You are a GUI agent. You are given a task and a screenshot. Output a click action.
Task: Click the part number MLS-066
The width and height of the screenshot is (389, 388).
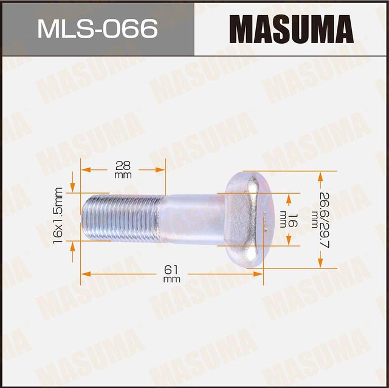(x=97, y=29)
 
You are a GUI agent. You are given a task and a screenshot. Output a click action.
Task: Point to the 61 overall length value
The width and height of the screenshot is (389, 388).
(x=171, y=270)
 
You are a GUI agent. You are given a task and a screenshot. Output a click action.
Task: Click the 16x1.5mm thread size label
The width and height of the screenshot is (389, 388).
(x=57, y=216)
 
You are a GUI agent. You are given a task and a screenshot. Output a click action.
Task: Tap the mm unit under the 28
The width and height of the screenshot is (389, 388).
(x=123, y=175)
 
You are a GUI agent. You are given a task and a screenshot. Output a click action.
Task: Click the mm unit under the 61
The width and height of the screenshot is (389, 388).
(x=171, y=279)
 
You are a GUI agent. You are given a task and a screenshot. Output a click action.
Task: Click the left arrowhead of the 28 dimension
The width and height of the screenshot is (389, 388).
(x=85, y=169)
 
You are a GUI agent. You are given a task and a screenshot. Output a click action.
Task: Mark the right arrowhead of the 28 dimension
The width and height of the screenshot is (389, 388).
(x=161, y=169)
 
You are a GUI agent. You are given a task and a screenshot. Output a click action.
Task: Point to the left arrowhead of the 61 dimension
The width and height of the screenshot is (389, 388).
(x=85, y=274)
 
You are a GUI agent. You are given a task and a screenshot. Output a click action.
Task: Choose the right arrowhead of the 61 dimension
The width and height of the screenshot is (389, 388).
(x=259, y=274)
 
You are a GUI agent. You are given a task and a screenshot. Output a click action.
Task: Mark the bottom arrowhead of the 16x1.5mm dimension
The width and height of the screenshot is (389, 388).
(x=74, y=245)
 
